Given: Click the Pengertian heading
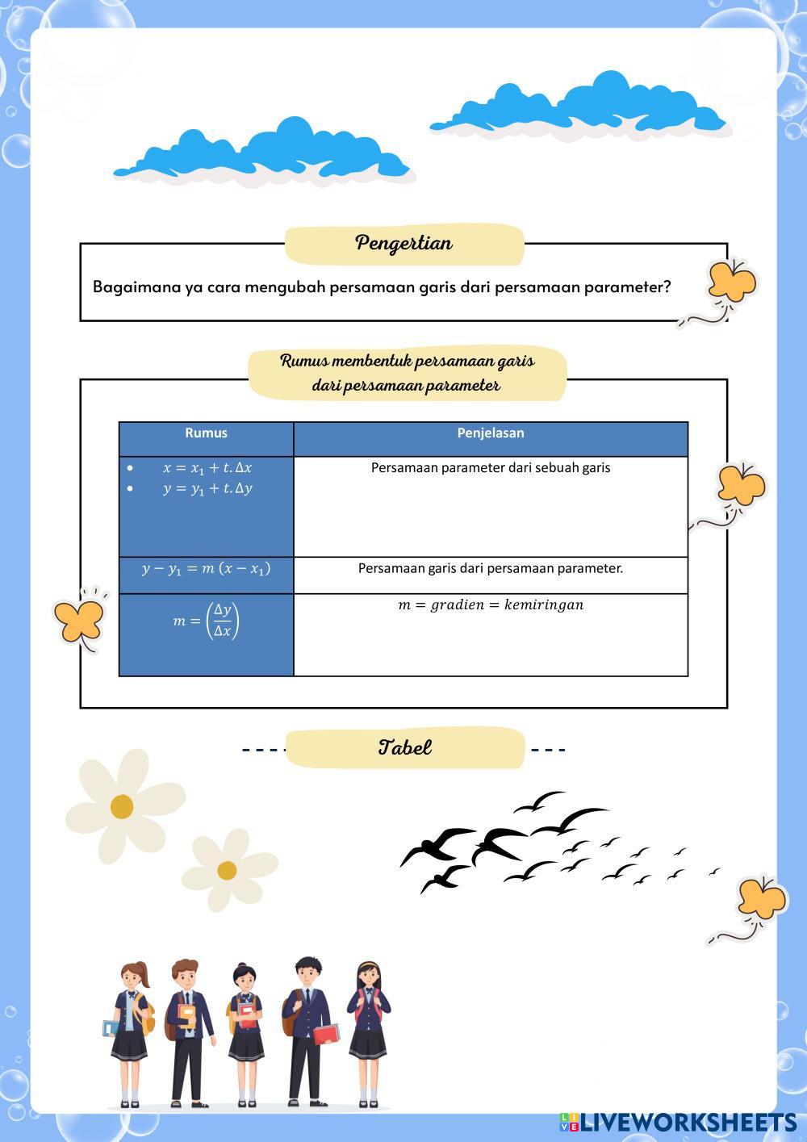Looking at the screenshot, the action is [403, 243].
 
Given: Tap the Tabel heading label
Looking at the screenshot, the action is [405, 747].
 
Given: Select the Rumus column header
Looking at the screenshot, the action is [206, 433].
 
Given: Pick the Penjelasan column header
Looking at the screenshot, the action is [491, 433].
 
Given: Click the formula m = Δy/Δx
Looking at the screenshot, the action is [207, 621].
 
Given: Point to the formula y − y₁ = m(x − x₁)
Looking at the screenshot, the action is [207, 569].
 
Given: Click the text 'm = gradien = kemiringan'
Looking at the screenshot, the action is [491, 605].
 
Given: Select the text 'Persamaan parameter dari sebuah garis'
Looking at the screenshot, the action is [491, 468].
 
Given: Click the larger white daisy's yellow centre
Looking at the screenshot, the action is [122, 805].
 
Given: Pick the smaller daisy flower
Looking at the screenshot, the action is [228, 870].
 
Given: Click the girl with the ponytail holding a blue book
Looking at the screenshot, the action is [130, 1033].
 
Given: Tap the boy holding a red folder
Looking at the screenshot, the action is [307, 1033].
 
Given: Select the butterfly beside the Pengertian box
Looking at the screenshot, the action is [731, 281].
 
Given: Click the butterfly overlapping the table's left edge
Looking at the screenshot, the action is [79, 618].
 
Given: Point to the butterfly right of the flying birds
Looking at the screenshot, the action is [761, 898].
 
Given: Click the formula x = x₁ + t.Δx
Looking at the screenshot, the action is [207, 468].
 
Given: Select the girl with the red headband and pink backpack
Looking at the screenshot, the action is [368, 1033].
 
